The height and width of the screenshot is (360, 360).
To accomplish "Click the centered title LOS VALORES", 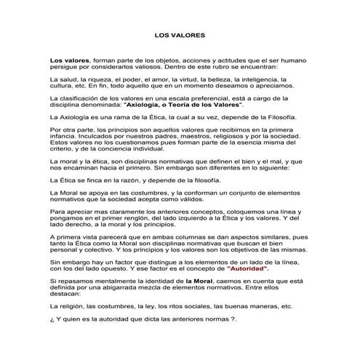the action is coord(180,34).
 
